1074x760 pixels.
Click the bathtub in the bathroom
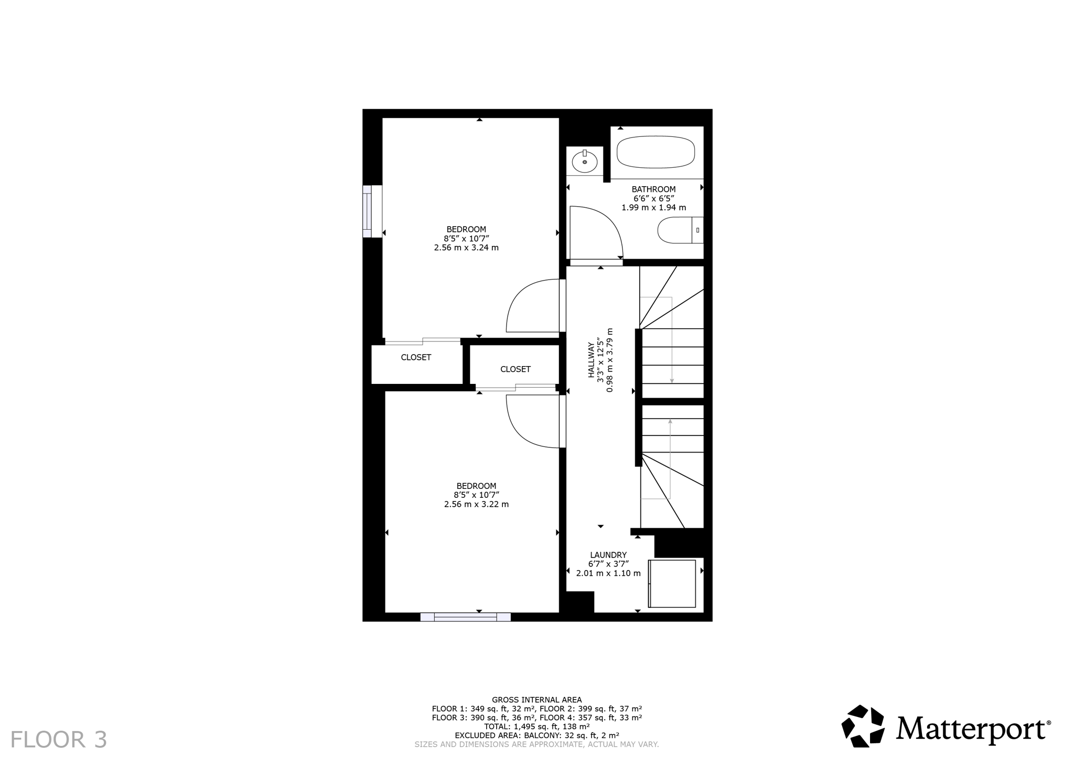[656, 152]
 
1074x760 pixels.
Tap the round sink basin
[584, 161]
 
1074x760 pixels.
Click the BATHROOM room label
[653, 189]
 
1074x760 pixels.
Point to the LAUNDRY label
[608, 555]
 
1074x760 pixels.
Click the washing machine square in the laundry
[672, 583]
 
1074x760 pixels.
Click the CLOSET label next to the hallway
[515, 369]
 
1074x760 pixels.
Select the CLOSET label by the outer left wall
[416, 357]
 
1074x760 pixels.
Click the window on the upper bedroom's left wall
[372, 211]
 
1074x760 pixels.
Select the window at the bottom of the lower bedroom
[465, 617]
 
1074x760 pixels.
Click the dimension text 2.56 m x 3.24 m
[466, 248]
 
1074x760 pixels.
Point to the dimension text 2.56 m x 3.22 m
[476, 505]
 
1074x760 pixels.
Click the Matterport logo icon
[862, 726]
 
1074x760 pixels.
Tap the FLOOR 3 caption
[59, 740]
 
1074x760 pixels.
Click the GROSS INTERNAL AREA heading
[536, 700]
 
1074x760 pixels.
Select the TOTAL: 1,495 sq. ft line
[536, 726]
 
